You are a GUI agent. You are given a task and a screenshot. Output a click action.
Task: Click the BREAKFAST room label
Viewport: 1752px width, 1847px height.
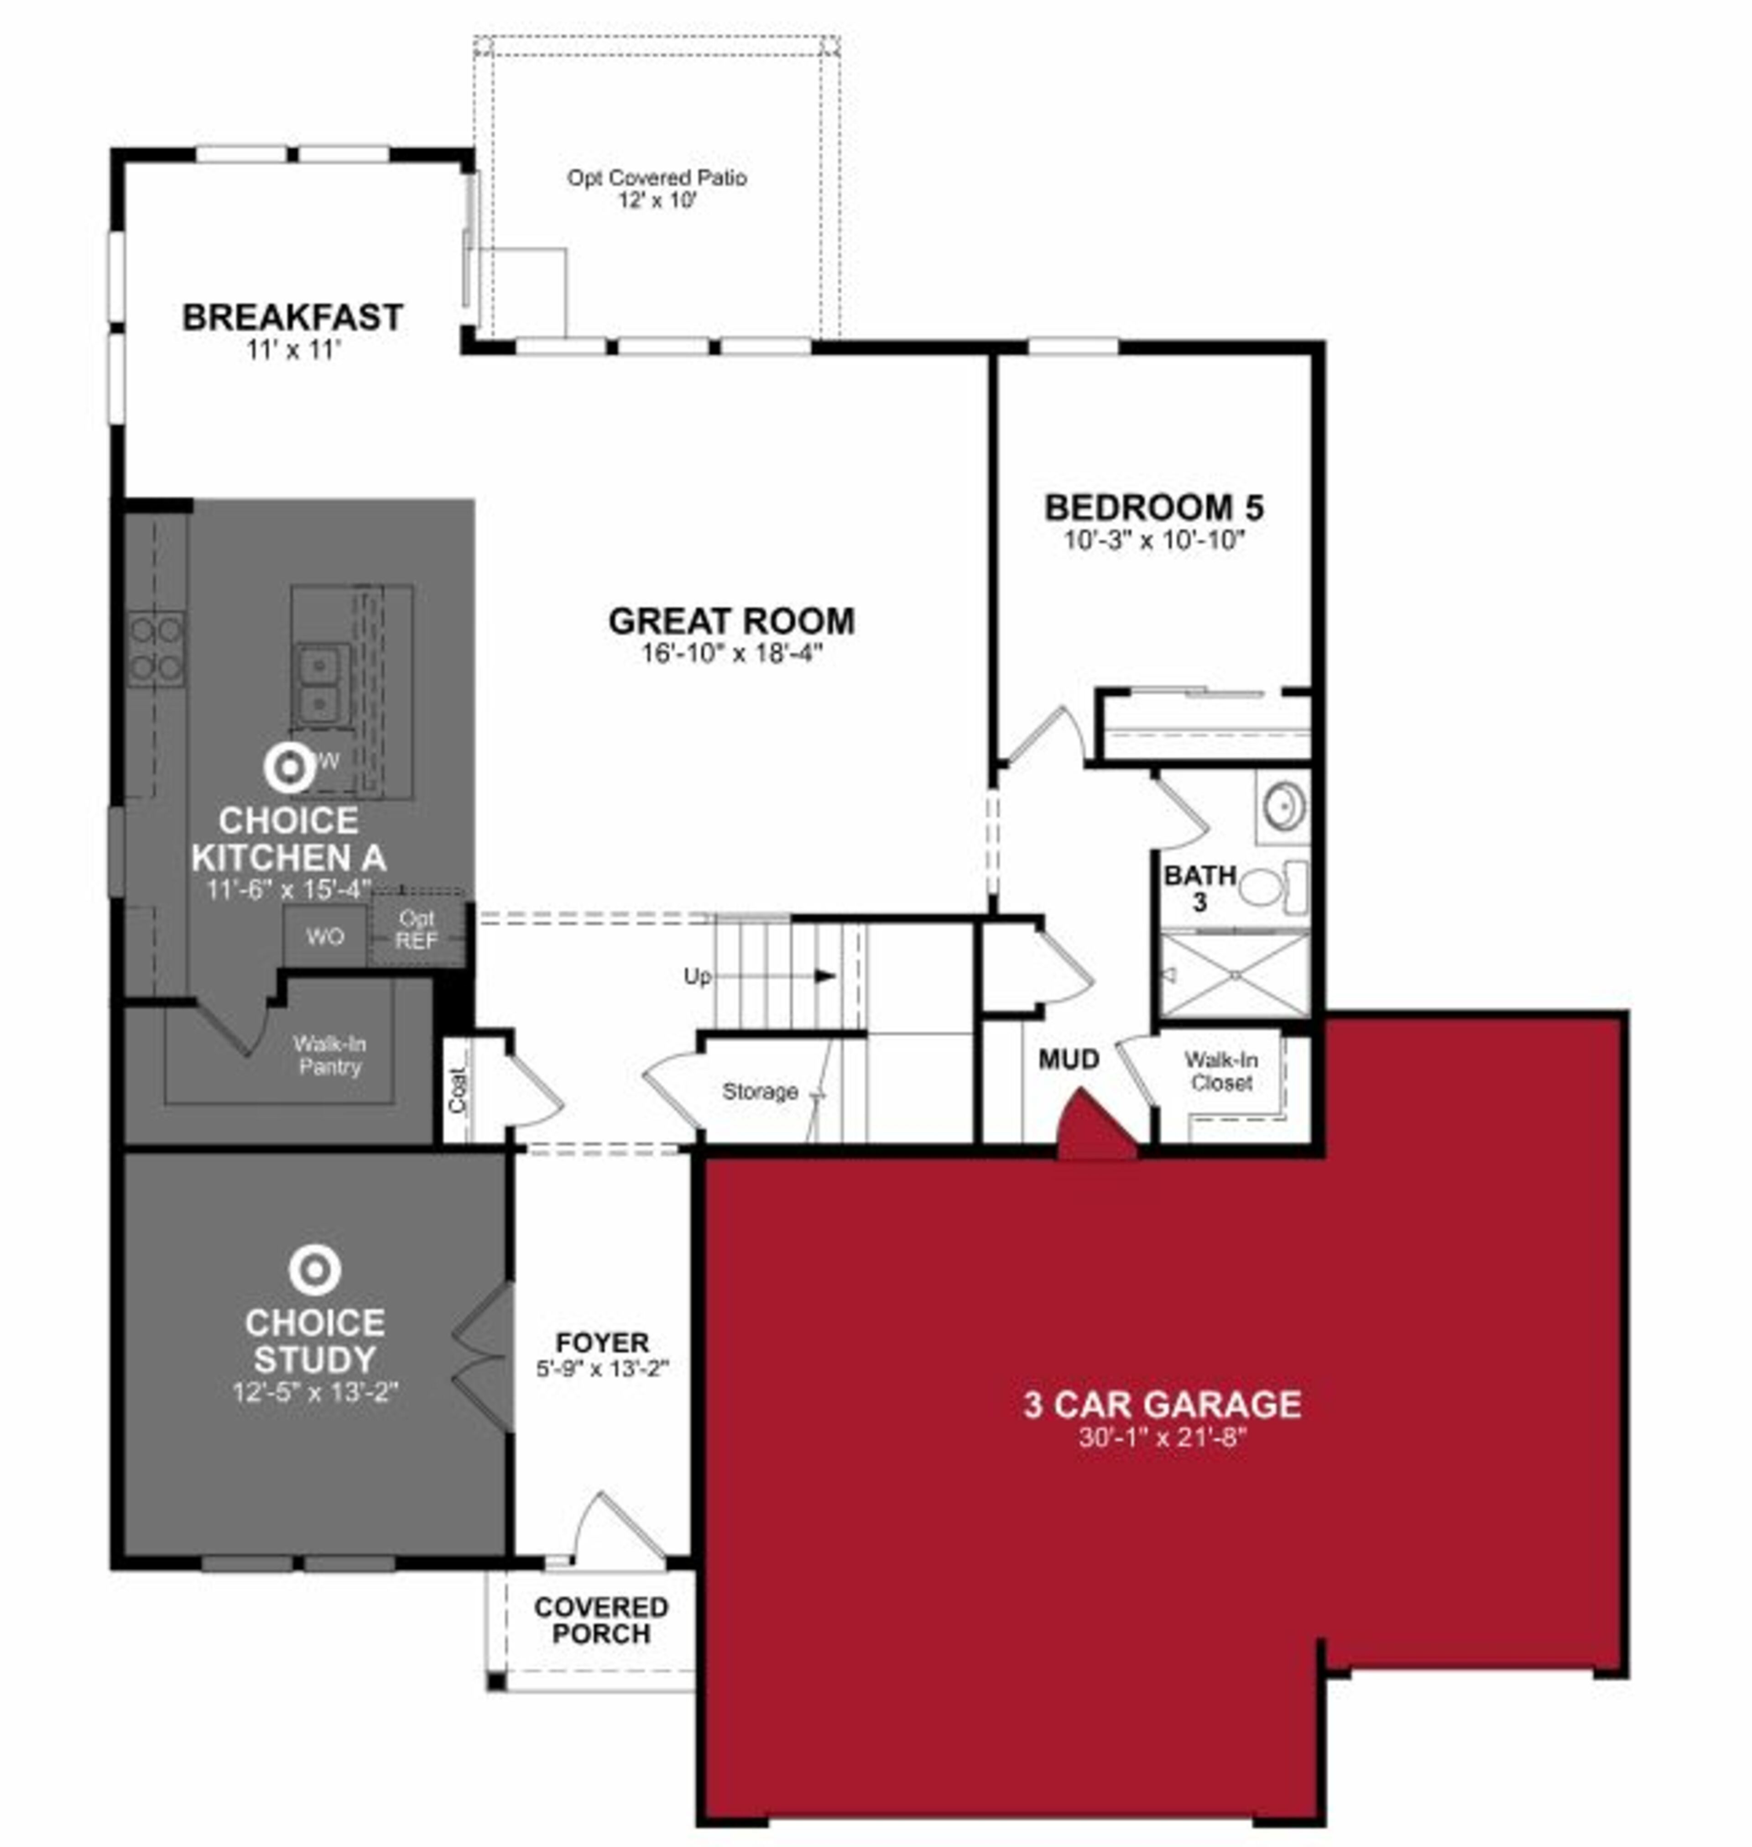(x=292, y=318)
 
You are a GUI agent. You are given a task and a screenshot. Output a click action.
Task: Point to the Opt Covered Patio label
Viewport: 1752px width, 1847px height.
(x=657, y=178)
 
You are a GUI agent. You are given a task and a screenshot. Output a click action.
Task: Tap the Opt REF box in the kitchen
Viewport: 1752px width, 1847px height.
(x=417, y=929)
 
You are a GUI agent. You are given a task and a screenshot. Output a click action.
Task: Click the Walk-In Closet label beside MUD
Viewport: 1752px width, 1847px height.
(x=1220, y=1071)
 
